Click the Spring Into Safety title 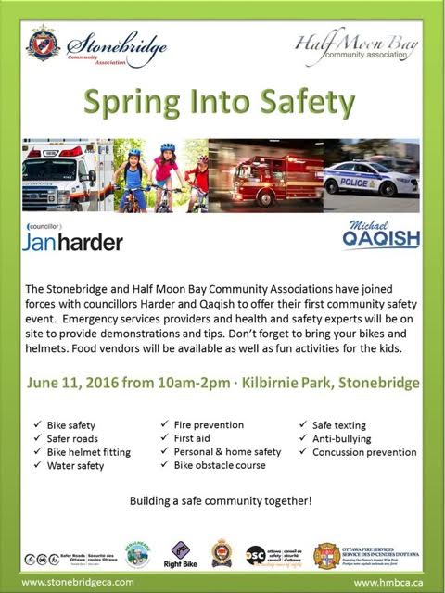pos(222,105)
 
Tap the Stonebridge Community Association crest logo pos(42,43)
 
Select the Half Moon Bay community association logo pos(356,47)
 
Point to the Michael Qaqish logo pos(380,235)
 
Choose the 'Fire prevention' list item pos(209,424)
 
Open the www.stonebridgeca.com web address pos(80,581)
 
